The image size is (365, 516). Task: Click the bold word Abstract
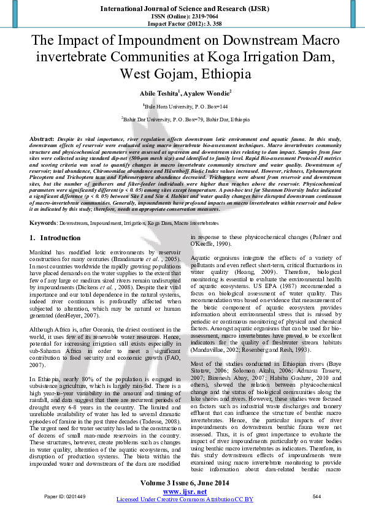[x=42, y=139]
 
